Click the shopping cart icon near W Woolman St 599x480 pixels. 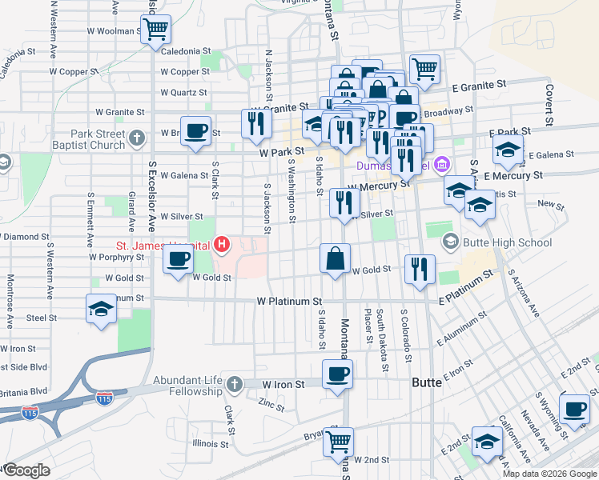[155, 30]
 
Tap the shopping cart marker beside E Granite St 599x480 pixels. [424, 68]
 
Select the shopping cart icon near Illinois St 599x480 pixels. [339, 441]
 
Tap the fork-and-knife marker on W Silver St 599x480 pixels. [344, 202]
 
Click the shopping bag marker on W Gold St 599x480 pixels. [336, 259]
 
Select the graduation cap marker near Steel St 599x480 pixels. [101, 310]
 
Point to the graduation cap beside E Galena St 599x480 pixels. [508, 150]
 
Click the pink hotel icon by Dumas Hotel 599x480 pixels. [442, 166]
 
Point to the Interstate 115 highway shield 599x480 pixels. [103, 397]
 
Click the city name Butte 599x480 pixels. [426, 383]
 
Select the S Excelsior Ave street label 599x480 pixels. [151, 208]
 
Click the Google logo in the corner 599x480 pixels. [26, 470]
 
